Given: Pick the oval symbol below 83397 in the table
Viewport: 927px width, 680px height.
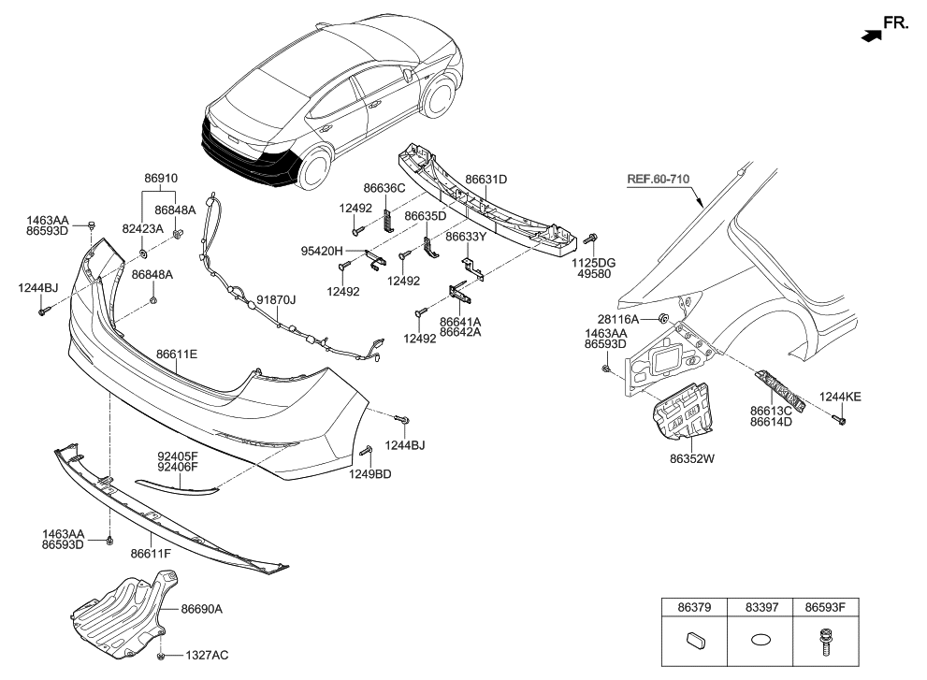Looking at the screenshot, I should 760,643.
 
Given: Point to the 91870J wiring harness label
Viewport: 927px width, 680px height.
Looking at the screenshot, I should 276,299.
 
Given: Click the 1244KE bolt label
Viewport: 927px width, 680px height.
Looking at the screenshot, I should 841,397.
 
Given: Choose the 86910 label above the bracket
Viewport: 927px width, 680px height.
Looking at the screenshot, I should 160,177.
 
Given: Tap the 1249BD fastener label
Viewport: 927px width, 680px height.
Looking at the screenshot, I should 369,474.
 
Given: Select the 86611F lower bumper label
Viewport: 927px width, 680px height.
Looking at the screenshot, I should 151,554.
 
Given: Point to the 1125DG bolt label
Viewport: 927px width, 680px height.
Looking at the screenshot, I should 595,265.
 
